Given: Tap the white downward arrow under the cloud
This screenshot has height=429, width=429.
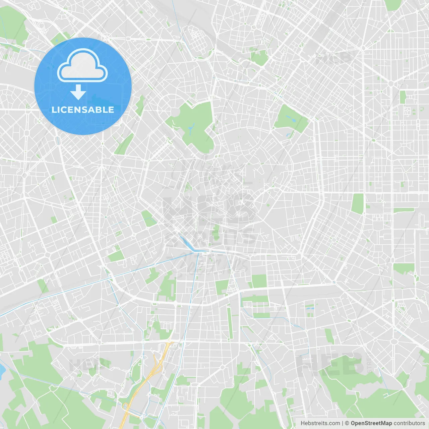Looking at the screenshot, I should [x=78, y=92].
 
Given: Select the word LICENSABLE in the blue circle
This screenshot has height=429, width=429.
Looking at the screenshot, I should [x=83, y=110].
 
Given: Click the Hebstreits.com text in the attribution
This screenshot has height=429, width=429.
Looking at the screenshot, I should [x=320, y=423].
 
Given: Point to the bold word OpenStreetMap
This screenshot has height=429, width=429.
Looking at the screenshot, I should [x=371, y=423].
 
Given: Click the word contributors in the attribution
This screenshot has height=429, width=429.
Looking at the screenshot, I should [x=409, y=423].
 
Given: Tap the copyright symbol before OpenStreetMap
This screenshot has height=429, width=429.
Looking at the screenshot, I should [x=347, y=423].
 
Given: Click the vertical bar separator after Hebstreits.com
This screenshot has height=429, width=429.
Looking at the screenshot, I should [x=343, y=423].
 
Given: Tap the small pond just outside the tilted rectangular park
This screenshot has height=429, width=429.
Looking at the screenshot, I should [x=288, y=135].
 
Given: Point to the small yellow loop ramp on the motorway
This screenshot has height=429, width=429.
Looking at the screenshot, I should [x=126, y=406].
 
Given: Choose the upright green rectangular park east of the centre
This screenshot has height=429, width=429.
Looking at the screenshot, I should [x=358, y=203].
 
